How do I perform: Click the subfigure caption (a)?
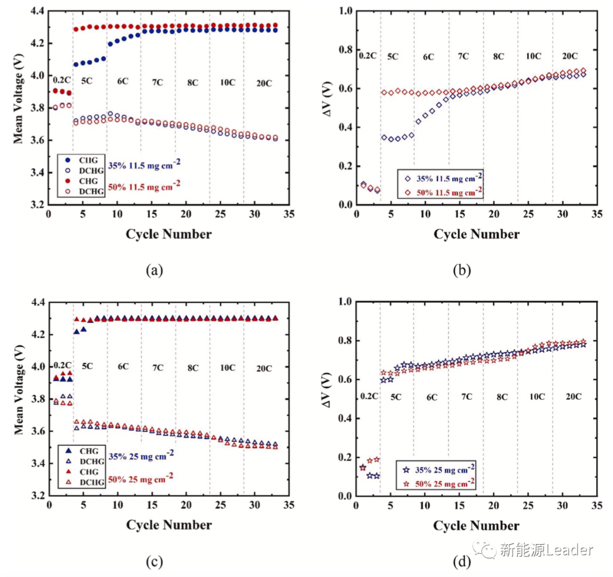click(x=154, y=271)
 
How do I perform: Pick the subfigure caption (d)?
click(x=461, y=562)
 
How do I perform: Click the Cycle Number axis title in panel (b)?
click(x=476, y=234)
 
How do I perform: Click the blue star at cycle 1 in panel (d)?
click(x=363, y=467)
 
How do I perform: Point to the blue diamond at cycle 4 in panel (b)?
click(x=384, y=137)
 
